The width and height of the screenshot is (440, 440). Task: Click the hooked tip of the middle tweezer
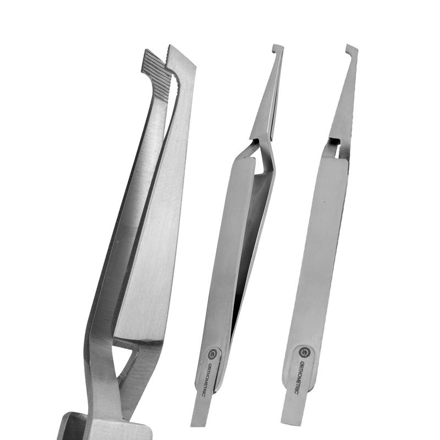coord(278,50)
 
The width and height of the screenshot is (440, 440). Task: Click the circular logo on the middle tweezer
coord(213,354)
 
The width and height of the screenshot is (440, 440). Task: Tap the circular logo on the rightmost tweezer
coord(304,351)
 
